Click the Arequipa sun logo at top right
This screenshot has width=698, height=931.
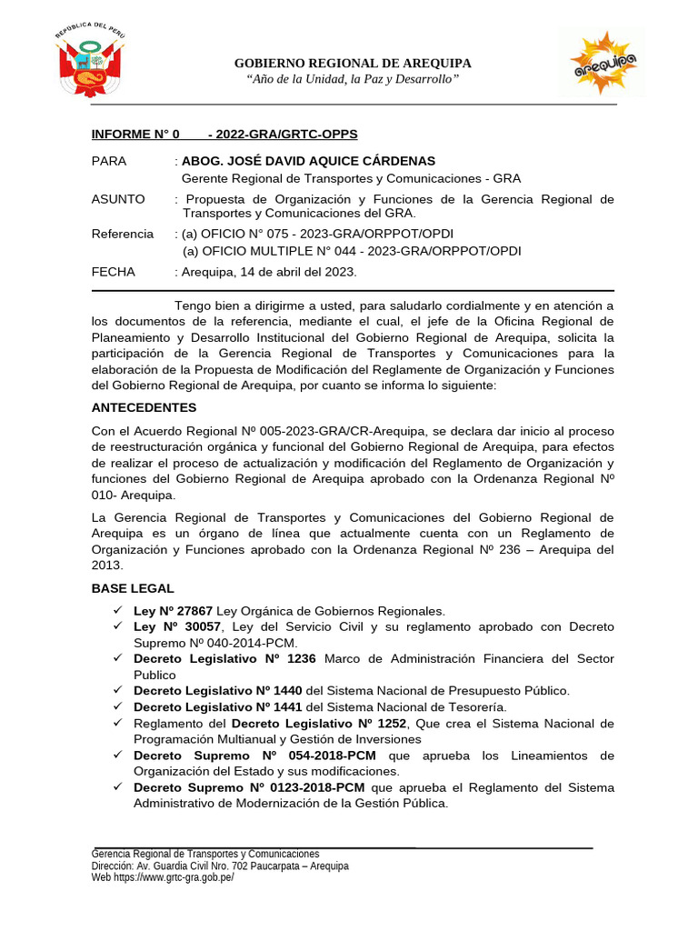coord(602,63)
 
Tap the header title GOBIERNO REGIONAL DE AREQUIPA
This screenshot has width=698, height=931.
coord(353,63)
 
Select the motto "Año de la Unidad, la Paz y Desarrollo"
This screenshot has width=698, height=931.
coord(353,81)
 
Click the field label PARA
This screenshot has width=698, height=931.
coord(109,161)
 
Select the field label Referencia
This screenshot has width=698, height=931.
coord(123,234)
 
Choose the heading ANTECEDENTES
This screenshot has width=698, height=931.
coord(144,407)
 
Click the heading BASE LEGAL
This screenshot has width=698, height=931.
coord(133,588)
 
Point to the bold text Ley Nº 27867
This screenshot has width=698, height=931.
coord(173,611)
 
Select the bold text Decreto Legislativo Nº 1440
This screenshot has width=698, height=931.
coord(218,690)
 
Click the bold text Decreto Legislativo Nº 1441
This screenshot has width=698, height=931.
coord(218,706)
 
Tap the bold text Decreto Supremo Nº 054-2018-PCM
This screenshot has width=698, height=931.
coord(258,756)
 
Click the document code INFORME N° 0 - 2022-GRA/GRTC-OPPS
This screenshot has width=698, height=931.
coord(224,135)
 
